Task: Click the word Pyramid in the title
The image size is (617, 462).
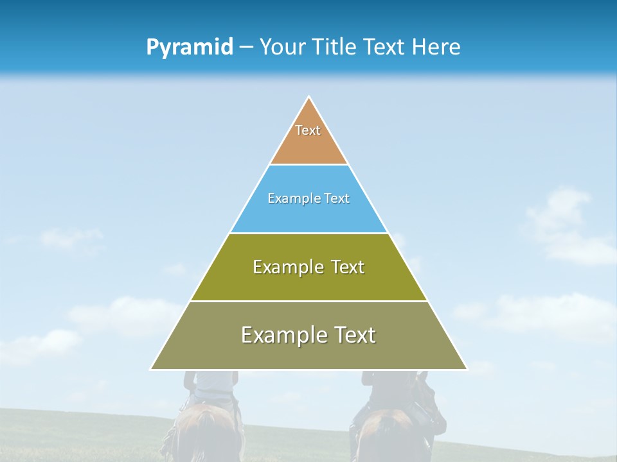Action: pos(189,47)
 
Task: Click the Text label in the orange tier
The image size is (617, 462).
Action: pos(308,130)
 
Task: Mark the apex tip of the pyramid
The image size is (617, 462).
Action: pos(308,98)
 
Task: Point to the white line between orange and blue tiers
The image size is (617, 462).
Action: pos(308,164)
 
